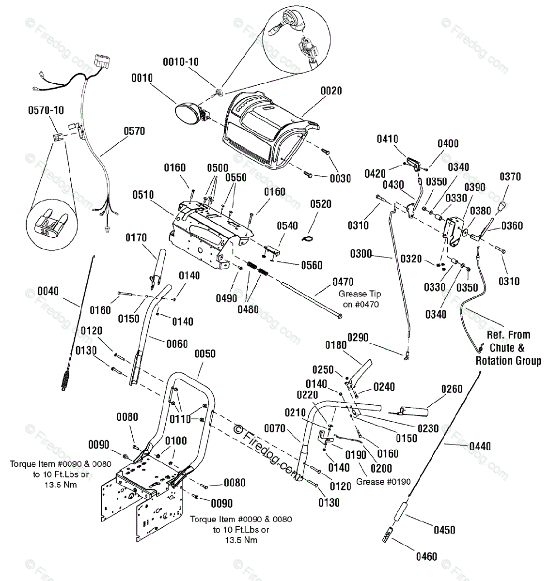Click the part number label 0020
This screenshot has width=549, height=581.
point(331,91)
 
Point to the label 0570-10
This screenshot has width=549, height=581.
point(46,110)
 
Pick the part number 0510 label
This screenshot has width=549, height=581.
point(143,195)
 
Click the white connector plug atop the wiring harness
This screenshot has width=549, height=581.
point(102,61)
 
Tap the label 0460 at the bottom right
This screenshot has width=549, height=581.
point(426,556)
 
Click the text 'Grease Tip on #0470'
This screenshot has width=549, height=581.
point(360,299)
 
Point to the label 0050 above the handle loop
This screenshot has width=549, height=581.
point(205,354)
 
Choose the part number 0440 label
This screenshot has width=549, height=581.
point(480,446)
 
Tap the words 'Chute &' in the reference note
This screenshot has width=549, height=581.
point(507,348)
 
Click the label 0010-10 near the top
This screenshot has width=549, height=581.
point(181,62)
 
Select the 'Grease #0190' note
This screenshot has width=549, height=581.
point(383,482)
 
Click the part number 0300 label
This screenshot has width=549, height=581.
point(361,254)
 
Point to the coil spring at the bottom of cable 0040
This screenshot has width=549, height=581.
point(65,379)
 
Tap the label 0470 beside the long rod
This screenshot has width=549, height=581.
point(343,282)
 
